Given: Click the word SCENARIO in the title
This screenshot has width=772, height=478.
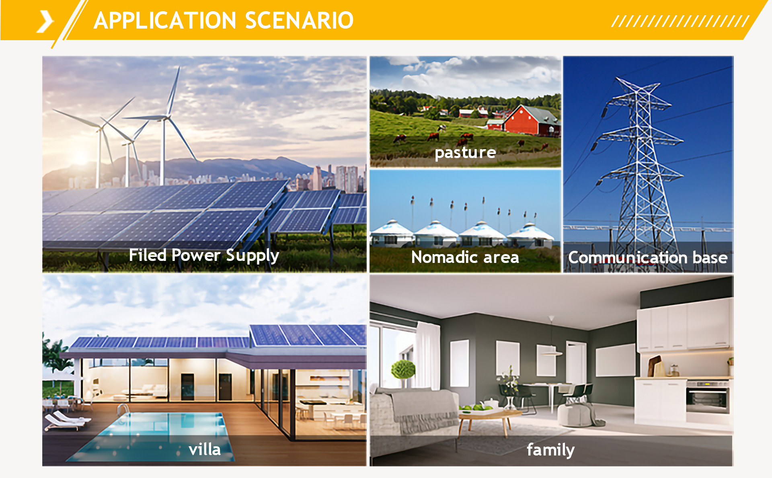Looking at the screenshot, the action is pos(299,21).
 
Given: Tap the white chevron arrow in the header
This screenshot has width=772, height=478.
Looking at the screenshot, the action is pos(45,21).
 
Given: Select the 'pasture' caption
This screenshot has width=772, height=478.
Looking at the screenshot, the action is pos(465,153).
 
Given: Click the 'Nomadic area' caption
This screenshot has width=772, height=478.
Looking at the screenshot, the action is pos(465,257).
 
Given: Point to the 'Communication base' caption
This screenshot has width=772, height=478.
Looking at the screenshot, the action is pos(648,258).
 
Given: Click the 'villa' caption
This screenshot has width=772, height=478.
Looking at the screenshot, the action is pos(205,449).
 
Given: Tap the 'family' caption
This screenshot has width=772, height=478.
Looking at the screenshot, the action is pos(550,450).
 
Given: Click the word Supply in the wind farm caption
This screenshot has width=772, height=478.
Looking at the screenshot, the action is pos(253,256).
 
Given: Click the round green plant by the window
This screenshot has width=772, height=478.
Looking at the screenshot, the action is pos(403,369).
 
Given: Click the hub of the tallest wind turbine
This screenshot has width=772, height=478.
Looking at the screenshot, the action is pos(164,118).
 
